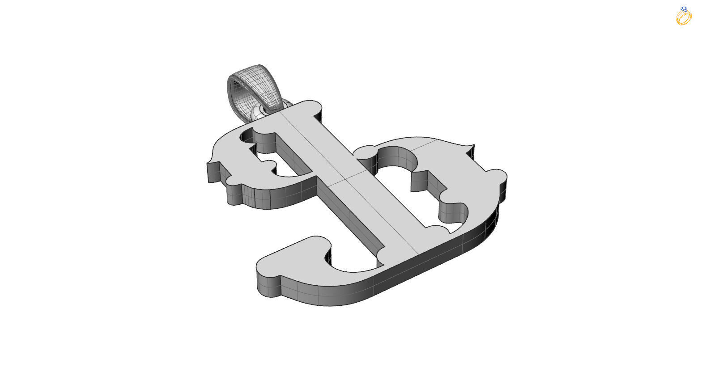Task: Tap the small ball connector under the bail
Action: tap(258, 114)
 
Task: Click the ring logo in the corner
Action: tap(684, 16)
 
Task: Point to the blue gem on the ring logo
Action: tap(683, 9)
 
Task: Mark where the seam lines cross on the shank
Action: tap(345, 177)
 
